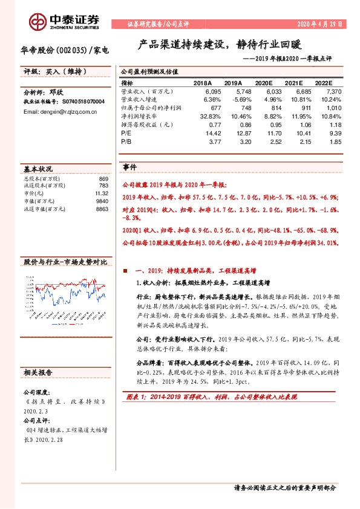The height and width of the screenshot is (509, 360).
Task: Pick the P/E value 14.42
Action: (206, 131)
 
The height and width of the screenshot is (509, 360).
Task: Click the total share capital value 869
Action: (102, 179)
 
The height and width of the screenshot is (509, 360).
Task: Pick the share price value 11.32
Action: (101, 193)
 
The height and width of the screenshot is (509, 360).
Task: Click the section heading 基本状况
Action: (38, 169)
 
